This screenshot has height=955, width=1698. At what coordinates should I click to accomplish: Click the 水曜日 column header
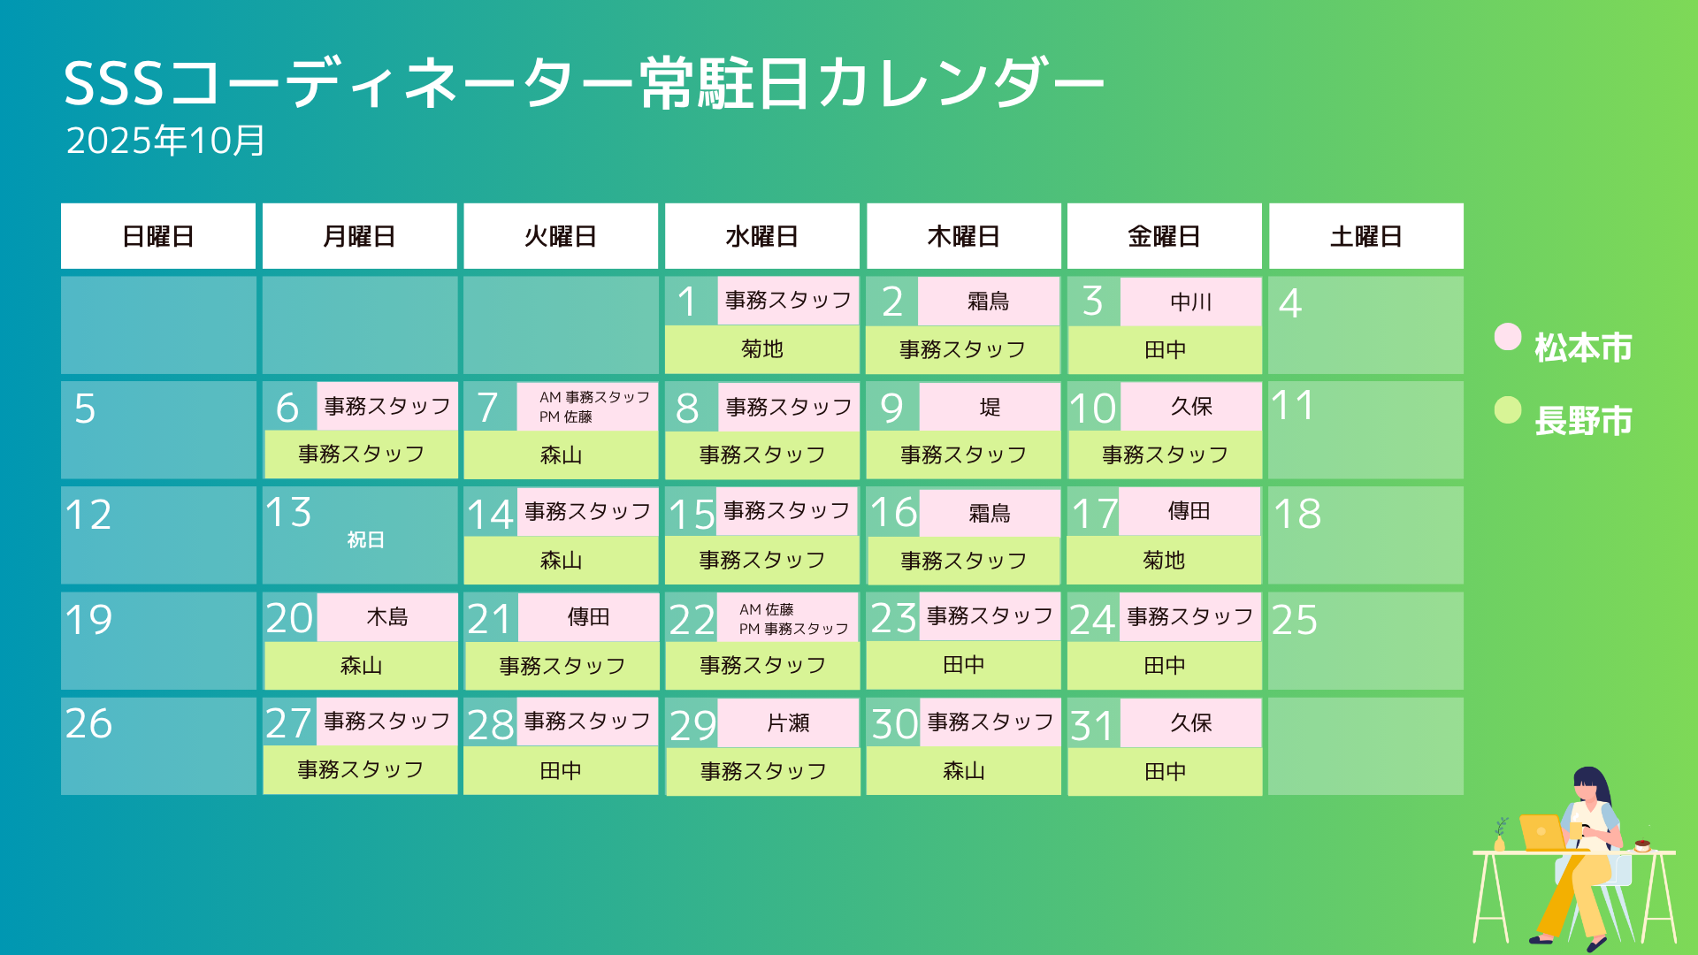tap(761, 236)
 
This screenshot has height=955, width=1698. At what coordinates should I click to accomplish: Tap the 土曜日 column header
tap(1365, 236)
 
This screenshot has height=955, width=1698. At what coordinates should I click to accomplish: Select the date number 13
tap(288, 513)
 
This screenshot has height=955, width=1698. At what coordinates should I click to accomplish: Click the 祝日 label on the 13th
tap(365, 539)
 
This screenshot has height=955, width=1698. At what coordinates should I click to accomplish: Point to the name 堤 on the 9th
tap(990, 407)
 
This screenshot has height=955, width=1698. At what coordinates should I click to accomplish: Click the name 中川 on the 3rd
tap(1190, 302)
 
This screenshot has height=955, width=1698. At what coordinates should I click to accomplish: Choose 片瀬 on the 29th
tap(788, 723)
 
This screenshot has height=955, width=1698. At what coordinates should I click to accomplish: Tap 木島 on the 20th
tap(387, 617)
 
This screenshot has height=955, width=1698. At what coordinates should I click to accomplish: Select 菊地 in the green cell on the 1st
tap(762, 349)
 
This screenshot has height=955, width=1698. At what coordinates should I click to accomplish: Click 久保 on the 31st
tap(1190, 723)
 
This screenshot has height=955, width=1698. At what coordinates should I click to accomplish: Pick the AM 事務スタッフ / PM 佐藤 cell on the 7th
tap(587, 407)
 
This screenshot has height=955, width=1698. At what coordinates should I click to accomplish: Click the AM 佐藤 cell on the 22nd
tap(788, 617)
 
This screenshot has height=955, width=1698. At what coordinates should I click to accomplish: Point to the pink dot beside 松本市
tap(1507, 337)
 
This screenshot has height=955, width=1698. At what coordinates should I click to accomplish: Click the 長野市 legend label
tap(1583, 421)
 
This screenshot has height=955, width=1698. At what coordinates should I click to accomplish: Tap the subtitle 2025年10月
tap(165, 141)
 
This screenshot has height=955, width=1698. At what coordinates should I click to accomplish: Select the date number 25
tap(1294, 620)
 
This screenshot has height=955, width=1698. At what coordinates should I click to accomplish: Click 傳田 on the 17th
tap(1189, 511)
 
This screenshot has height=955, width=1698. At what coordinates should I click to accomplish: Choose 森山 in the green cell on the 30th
tap(964, 771)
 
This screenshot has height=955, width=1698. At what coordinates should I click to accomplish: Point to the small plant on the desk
tap(1500, 835)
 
